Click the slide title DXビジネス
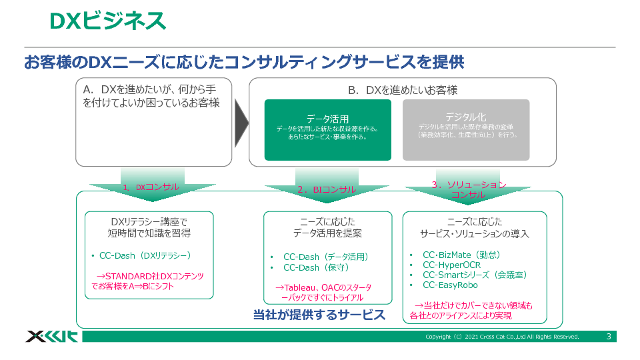107,21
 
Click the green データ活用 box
327,130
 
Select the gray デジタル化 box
465,130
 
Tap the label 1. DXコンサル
151,187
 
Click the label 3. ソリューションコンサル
469,190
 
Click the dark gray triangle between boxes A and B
241,122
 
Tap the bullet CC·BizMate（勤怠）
461,255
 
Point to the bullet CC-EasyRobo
450,285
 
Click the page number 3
609,337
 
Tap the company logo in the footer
51,336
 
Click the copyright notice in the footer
502,337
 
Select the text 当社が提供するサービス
319,315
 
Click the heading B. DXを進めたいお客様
403,90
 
